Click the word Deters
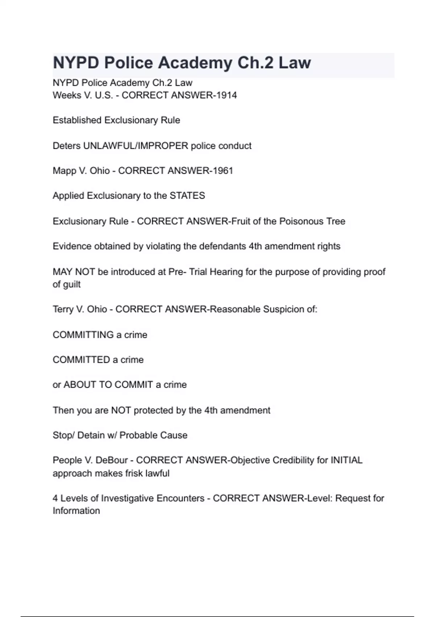(66, 146)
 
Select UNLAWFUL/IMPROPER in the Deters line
(136, 146)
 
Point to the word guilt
(72, 285)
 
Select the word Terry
(63, 310)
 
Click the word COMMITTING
(83, 335)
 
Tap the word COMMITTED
(81, 360)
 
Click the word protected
(153, 410)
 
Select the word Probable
(136, 435)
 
